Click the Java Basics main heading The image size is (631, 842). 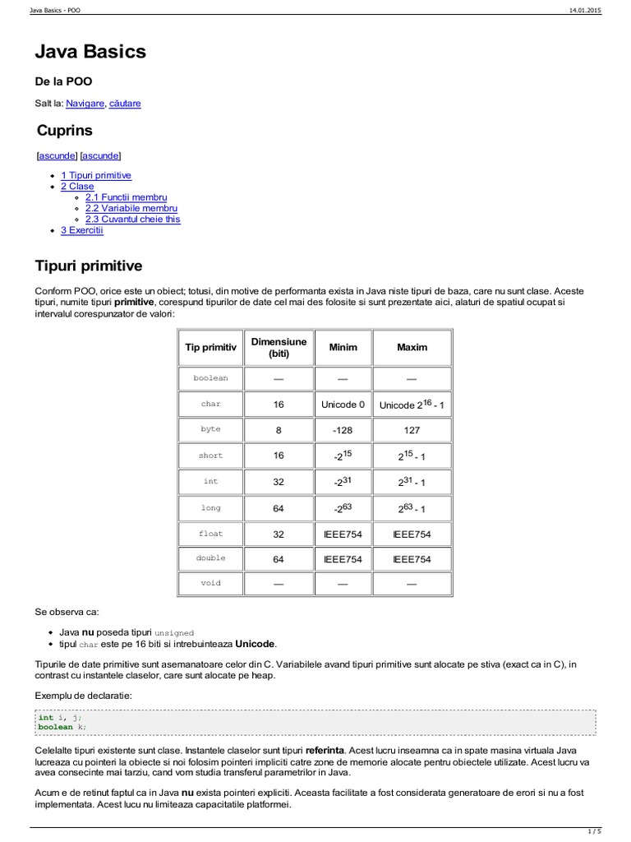point(90,52)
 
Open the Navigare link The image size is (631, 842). point(85,104)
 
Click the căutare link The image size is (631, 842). point(125,104)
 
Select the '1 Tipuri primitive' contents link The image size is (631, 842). point(96,176)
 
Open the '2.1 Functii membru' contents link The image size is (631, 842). point(126,197)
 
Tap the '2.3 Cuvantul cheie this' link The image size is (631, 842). point(132,219)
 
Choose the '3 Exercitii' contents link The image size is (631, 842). point(82,230)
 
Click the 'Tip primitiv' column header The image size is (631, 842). point(210,348)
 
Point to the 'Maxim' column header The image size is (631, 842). point(412,348)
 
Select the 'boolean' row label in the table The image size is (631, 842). point(210,378)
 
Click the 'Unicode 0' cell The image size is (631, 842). point(343,405)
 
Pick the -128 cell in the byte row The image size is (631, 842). point(343,430)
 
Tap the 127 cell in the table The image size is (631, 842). point(412,430)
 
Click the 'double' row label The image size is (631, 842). point(210,558)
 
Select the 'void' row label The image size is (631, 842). point(210,584)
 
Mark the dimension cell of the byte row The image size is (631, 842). point(279,430)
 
